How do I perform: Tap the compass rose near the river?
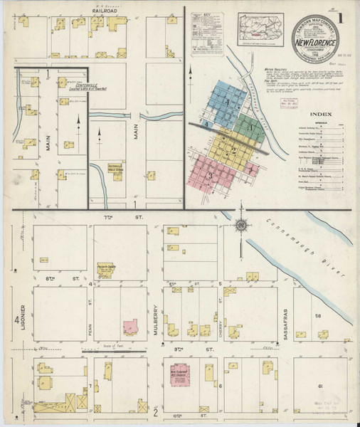pyautogui.click(x=241, y=226)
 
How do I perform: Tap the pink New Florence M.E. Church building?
pyautogui.click(x=182, y=374)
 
